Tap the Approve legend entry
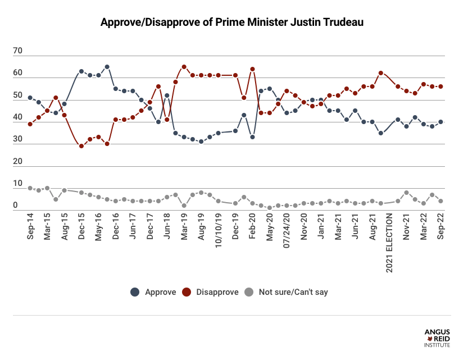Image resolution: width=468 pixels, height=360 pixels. tap(155, 292)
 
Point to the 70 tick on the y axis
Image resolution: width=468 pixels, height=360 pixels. tap(17, 51)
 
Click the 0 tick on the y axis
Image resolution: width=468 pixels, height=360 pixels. tap(17, 206)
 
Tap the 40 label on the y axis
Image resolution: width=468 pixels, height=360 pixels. tap(17, 117)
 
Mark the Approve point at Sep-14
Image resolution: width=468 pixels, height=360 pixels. tap(30, 98)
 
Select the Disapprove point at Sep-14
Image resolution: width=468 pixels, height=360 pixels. tap(30, 124)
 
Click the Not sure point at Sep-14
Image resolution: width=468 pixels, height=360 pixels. tap(30, 188)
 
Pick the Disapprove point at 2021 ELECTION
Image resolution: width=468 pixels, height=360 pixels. tap(381, 73)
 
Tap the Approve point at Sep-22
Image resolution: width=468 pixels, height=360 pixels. tap(440, 122)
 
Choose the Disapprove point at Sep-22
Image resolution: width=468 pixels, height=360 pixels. tap(440, 86)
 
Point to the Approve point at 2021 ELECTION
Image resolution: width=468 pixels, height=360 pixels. tap(381, 133)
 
